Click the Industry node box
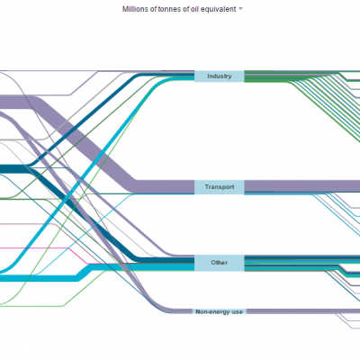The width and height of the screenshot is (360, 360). coord(220,76)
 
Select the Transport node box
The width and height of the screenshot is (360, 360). coord(220,187)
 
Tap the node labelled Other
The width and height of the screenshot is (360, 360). coord(220,263)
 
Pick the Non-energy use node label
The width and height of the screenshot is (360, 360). coord(220,312)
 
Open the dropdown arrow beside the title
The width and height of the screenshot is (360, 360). coord(240,9)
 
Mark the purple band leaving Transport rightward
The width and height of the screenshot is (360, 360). coord(302,186)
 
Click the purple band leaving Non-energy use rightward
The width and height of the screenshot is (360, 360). coord(303,311)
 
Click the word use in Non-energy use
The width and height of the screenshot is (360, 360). coord(237,312)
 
